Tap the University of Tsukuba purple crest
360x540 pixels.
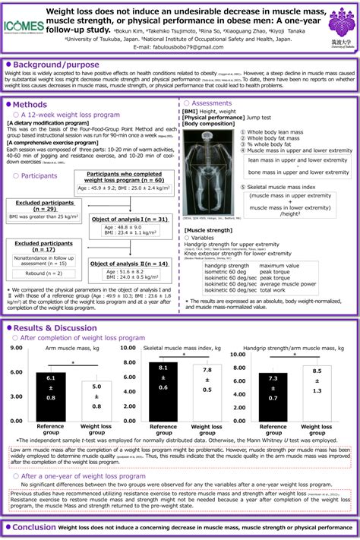(x=338, y=21)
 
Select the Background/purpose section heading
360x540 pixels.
(x=53, y=67)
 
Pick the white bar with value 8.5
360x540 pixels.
(x=311, y=391)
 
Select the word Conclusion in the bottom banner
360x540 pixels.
(x=34, y=527)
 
